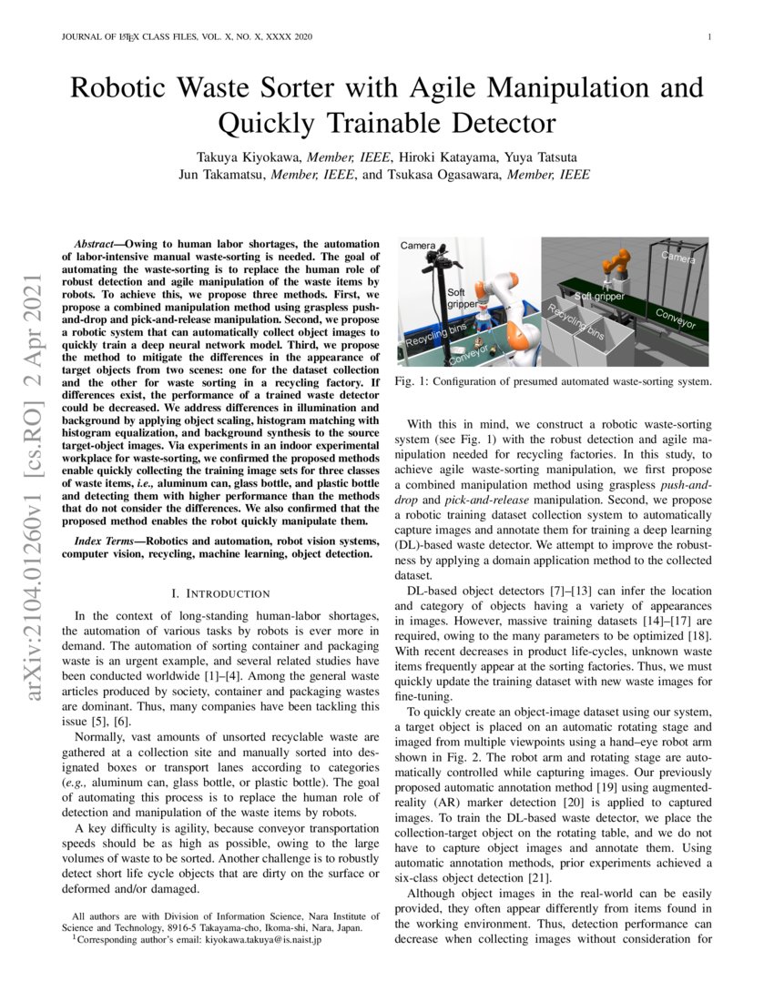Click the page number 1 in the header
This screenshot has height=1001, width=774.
point(708,37)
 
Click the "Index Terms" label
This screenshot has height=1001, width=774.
point(103,541)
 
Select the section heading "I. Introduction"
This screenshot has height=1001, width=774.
point(220,593)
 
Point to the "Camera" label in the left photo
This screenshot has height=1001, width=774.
point(419,246)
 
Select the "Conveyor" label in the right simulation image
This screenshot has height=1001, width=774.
point(676,318)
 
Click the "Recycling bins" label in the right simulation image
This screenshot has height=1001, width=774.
point(575,323)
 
